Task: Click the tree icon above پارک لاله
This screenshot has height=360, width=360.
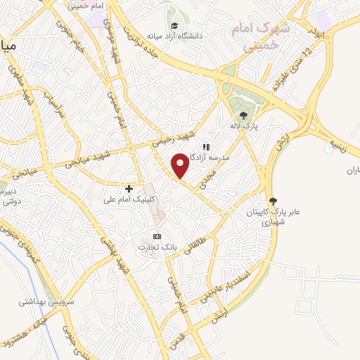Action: click(x=243, y=115)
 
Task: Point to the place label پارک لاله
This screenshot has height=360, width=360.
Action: click(x=243, y=127)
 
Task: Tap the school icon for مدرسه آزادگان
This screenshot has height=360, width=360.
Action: click(x=206, y=147)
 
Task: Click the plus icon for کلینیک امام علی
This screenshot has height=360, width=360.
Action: click(x=129, y=188)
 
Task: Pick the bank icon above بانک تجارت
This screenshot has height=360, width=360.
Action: click(x=157, y=236)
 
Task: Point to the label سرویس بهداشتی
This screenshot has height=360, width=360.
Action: click(x=41, y=302)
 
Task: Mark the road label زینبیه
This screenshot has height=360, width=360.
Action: click(x=335, y=144)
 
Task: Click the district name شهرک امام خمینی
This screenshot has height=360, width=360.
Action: click(x=254, y=36)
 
